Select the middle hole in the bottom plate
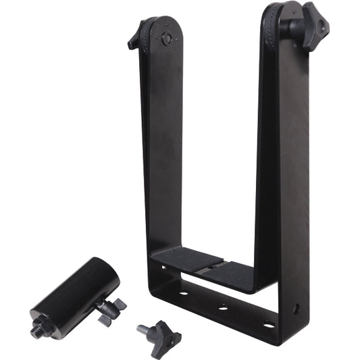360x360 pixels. click(223, 309)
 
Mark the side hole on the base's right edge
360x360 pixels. click(297, 308)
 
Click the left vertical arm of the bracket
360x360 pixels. click(162, 149)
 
